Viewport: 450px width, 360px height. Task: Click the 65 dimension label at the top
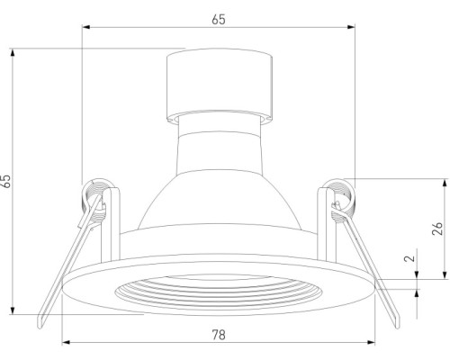[219, 20]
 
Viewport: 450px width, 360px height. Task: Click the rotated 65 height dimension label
[6, 181]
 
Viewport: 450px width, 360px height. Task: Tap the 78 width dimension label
[219, 335]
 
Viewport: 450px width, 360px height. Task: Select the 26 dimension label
[438, 229]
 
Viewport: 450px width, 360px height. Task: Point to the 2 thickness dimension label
[409, 258]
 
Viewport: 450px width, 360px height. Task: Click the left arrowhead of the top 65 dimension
[86, 27]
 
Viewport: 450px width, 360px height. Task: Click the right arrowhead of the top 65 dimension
[351, 27]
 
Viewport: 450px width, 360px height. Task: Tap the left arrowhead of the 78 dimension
[66, 342]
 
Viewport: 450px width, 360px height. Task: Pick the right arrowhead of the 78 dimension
[371, 342]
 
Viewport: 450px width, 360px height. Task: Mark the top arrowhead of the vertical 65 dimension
[13, 52]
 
